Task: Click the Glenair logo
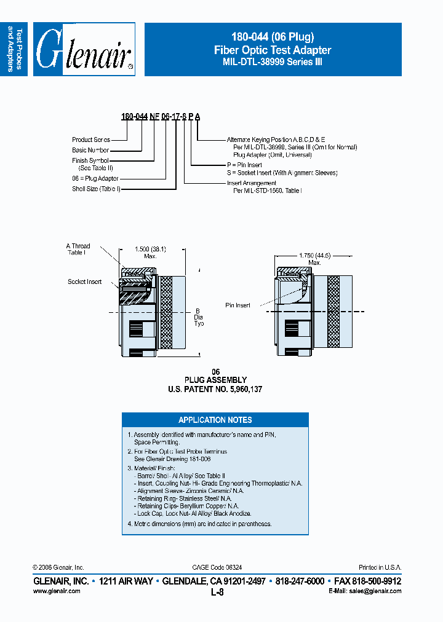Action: click(x=84, y=50)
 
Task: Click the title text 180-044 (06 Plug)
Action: click(x=273, y=37)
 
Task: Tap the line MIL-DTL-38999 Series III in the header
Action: click(x=273, y=62)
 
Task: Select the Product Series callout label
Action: click(x=91, y=140)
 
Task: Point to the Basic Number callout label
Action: click(x=90, y=150)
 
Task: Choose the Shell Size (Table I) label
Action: click(x=96, y=189)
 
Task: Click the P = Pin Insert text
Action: click(x=244, y=165)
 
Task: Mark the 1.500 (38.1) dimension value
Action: click(x=151, y=249)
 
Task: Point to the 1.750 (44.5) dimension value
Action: click(x=314, y=254)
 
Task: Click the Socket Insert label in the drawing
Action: click(x=84, y=281)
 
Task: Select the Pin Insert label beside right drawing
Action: click(x=237, y=305)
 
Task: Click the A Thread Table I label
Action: click(x=78, y=249)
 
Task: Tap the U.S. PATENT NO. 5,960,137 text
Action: click(x=215, y=389)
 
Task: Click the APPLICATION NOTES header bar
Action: click(x=215, y=420)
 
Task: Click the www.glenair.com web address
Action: click(x=56, y=591)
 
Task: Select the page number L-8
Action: click(x=217, y=592)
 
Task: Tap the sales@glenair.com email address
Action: click(x=373, y=591)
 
